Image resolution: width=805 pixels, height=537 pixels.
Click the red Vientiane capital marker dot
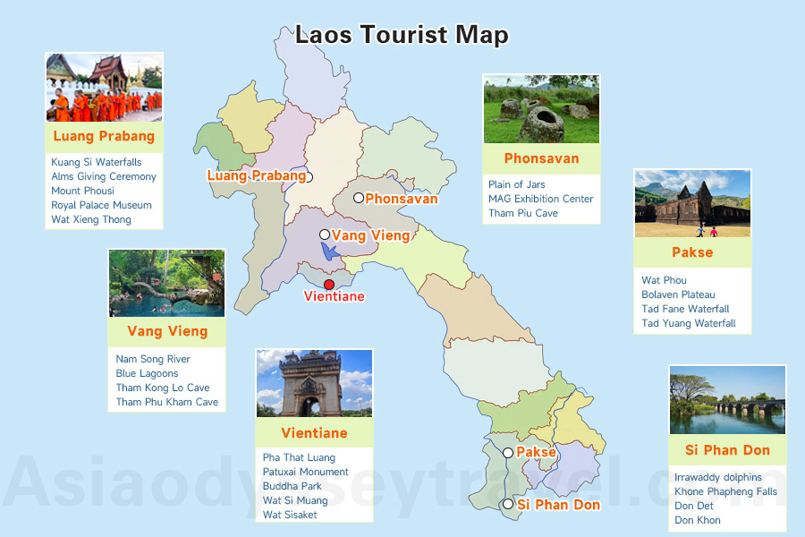[329, 285]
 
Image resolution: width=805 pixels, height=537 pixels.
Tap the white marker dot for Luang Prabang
[309, 176]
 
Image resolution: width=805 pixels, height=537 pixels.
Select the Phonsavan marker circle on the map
[358, 198]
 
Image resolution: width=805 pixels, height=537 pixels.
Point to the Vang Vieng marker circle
[325, 234]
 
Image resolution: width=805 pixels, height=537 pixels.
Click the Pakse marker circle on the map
[508, 453]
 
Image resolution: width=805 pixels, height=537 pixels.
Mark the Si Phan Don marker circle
[508, 505]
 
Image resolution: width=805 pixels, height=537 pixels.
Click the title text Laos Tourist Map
[402, 35]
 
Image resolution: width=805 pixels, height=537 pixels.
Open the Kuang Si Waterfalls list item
[97, 162]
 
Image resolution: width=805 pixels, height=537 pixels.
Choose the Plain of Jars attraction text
[516, 184]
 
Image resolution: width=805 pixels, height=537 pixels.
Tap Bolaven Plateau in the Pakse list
[678, 294]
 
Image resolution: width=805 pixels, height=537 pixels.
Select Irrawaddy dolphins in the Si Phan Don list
[718, 477]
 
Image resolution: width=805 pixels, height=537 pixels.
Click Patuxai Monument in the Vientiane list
[306, 472]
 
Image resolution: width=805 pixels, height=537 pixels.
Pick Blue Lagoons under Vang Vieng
[147, 373]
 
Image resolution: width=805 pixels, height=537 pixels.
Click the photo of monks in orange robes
[104, 88]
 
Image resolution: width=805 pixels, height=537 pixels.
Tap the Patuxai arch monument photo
[314, 383]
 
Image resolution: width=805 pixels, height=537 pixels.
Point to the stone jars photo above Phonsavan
[540, 109]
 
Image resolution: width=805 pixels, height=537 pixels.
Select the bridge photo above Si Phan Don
[727, 400]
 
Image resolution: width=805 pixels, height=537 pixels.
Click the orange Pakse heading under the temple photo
[692, 252]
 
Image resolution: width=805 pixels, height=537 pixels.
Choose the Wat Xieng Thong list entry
[91, 219]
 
